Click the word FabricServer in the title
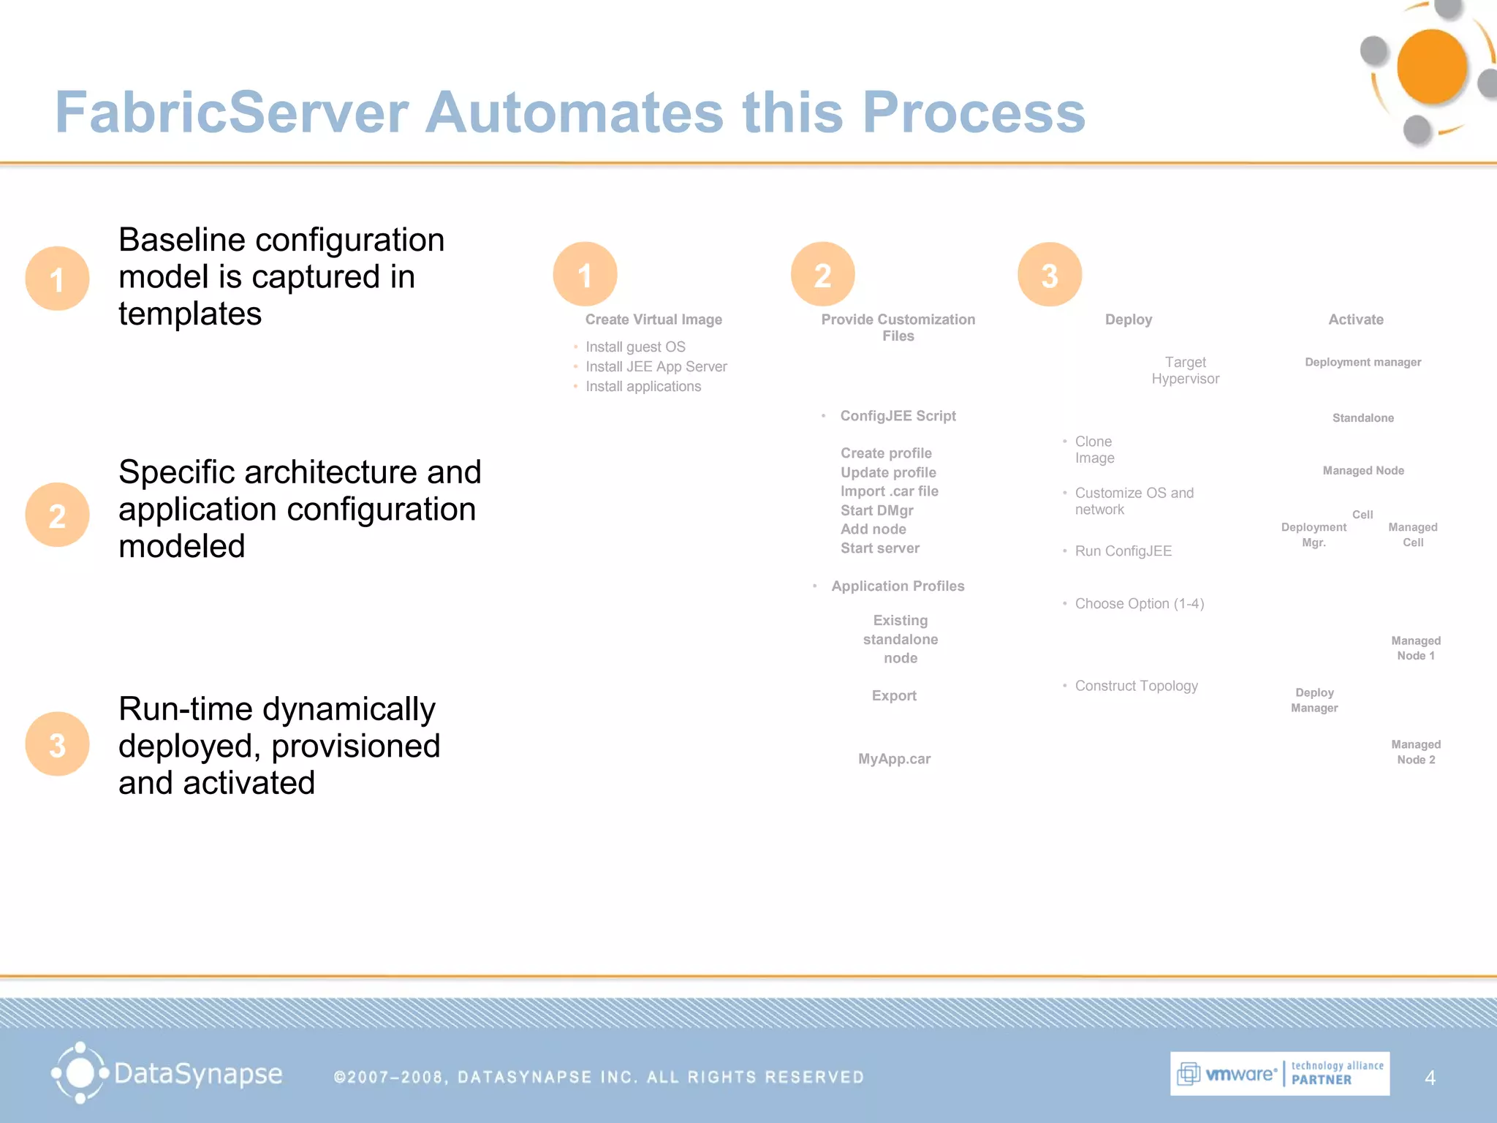click(231, 113)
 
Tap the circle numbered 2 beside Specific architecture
click(57, 515)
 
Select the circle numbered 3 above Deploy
click(1050, 275)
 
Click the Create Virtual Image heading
click(653, 319)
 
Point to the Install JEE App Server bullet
click(656, 366)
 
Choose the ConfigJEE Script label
click(898, 416)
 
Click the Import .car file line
click(889, 491)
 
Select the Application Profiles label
click(898, 586)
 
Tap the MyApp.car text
click(894, 759)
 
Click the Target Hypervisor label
click(1185, 371)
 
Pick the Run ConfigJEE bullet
click(1123, 551)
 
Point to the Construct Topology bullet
click(1136, 686)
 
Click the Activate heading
click(1356, 319)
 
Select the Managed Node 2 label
click(1416, 752)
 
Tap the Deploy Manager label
click(1314, 700)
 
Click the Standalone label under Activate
click(1363, 418)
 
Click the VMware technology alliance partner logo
click(1279, 1073)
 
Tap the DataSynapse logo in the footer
click(167, 1073)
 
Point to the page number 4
click(1430, 1078)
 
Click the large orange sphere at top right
click(1431, 67)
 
